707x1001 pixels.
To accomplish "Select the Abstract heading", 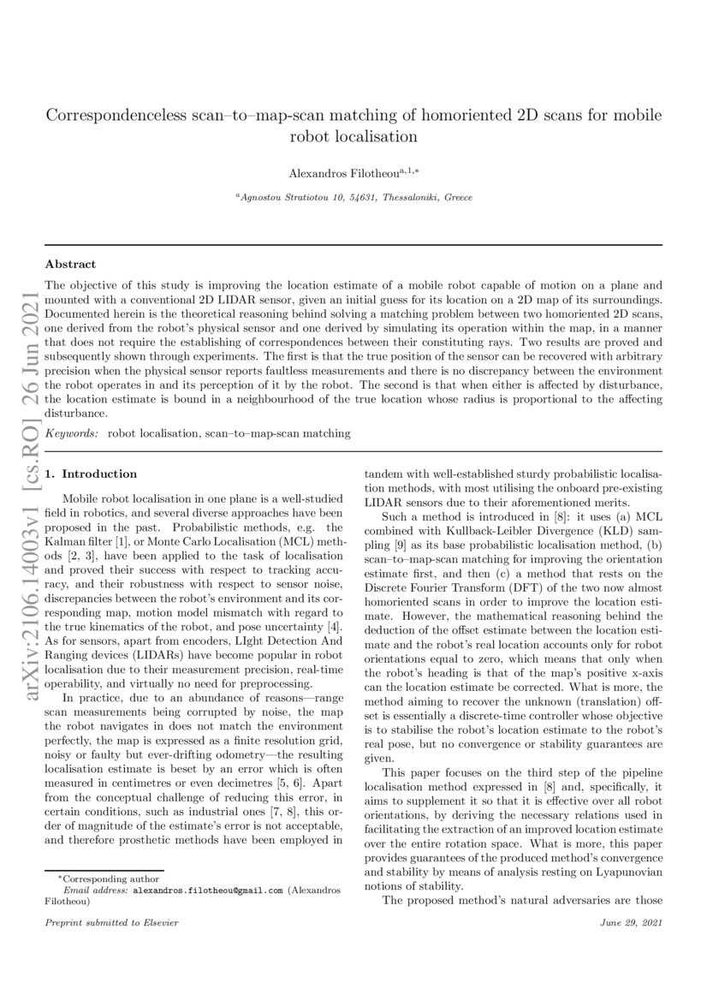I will coord(70,265).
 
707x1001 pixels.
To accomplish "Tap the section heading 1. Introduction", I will coord(91,474).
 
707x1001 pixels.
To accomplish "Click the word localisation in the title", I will coord(375,135).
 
